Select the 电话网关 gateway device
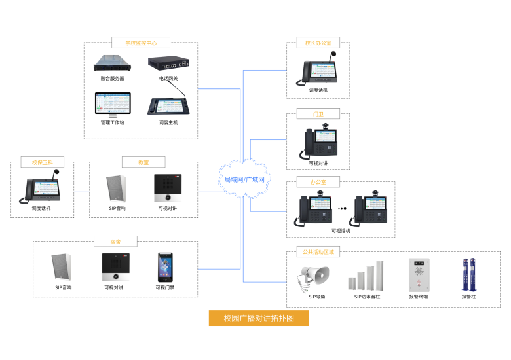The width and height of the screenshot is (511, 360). click(x=168, y=63)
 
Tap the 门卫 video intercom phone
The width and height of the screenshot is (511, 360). click(x=318, y=141)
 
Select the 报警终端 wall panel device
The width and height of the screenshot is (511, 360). click(x=418, y=274)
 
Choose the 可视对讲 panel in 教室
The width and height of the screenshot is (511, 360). click(x=167, y=189)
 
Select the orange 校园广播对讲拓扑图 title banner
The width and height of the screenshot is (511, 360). click(x=258, y=319)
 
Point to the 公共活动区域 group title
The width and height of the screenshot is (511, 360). click(x=319, y=251)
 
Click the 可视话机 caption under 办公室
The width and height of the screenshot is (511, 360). click(x=341, y=230)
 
